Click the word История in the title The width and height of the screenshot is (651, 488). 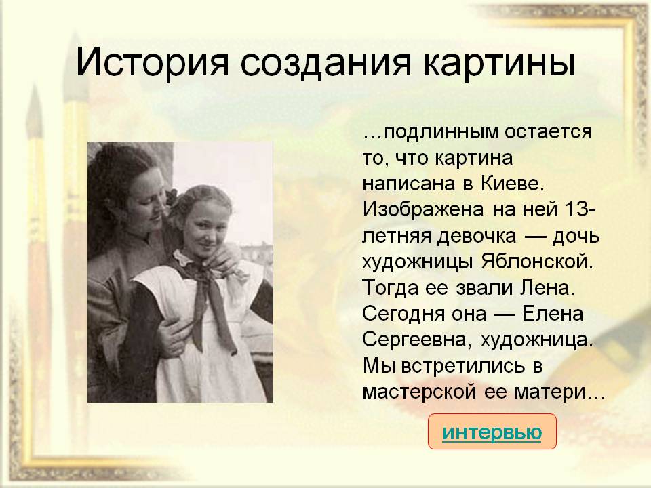[x=152, y=62]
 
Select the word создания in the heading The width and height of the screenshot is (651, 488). [x=326, y=62]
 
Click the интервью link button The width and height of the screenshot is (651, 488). [x=492, y=432]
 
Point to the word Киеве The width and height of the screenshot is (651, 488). [x=513, y=184]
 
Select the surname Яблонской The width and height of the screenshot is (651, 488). [x=537, y=262]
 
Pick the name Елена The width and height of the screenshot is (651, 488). [x=552, y=314]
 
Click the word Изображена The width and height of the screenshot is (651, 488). [x=422, y=209]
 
